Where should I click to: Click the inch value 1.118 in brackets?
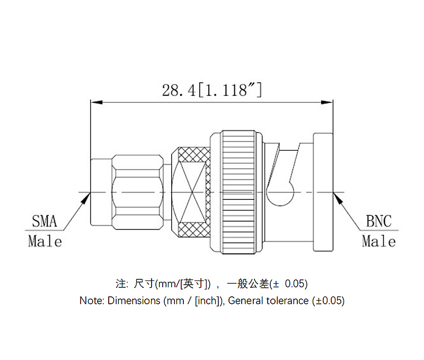pos(229,90)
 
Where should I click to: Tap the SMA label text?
pos(45,221)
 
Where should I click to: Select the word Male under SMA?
pos(45,242)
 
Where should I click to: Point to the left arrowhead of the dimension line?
pos(95,102)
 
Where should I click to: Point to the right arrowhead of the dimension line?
pos(329,102)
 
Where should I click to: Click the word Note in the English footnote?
pos(91,301)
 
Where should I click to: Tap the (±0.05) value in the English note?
pos(328,301)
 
